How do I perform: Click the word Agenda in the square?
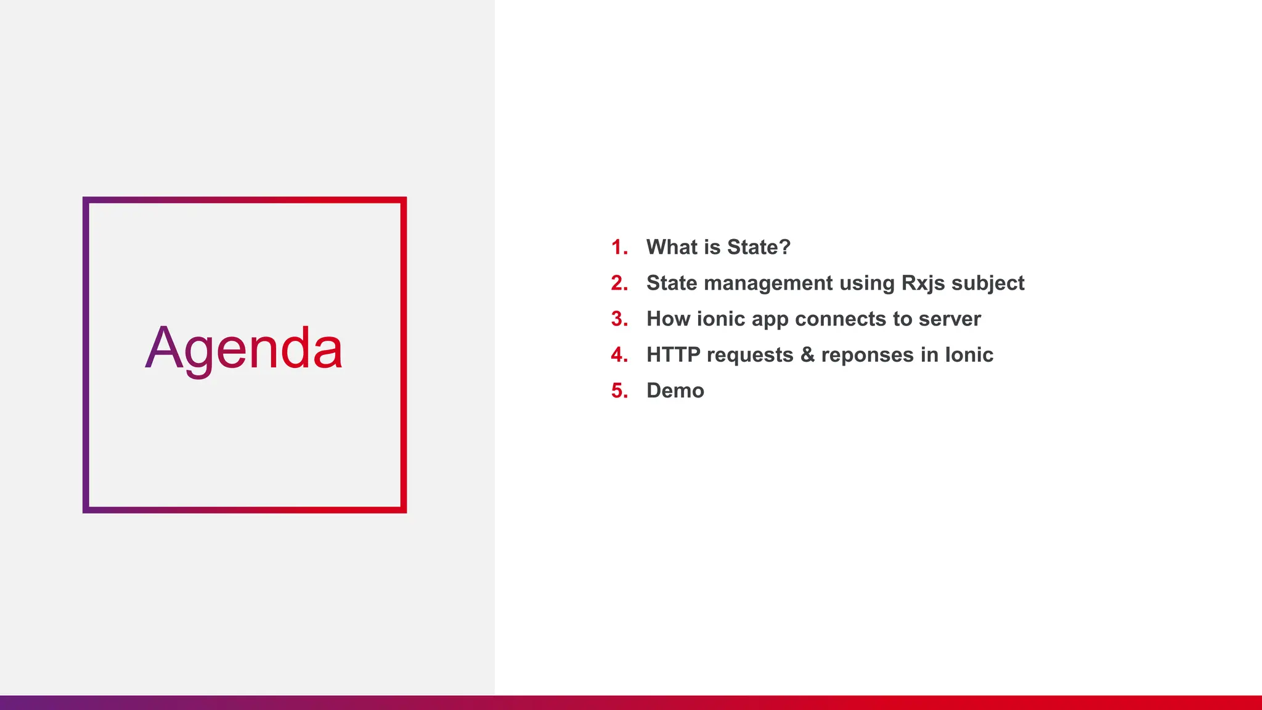pyautogui.click(x=244, y=349)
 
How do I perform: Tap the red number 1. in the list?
pyautogui.click(x=619, y=247)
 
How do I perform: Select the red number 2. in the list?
pyautogui.click(x=619, y=283)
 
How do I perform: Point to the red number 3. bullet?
pyautogui.click(x=619, y=319)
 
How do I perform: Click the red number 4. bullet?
pyautogui.click(x=619, y=355)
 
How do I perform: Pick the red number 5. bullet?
pyautogui.click(x=619, y=391)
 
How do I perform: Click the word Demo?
pyautogui.click(x=675, y=391)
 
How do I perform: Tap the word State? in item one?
pyautogui.click(x=759, y=247)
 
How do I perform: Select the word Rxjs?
pyautogui.click(x=922, y=283)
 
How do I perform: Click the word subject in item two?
pyautogui.click(x=988, y=283)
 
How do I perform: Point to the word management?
pyautogui.click(x=768, y=283)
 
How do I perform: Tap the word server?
pyautogui.click(x=949, y=319)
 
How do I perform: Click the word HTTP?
pyautogui.click(x=673, y=355)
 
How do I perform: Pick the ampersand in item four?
pyautogui.click(x=807, y=355)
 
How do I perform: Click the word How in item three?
pyautogui.click(x=668, y=319)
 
